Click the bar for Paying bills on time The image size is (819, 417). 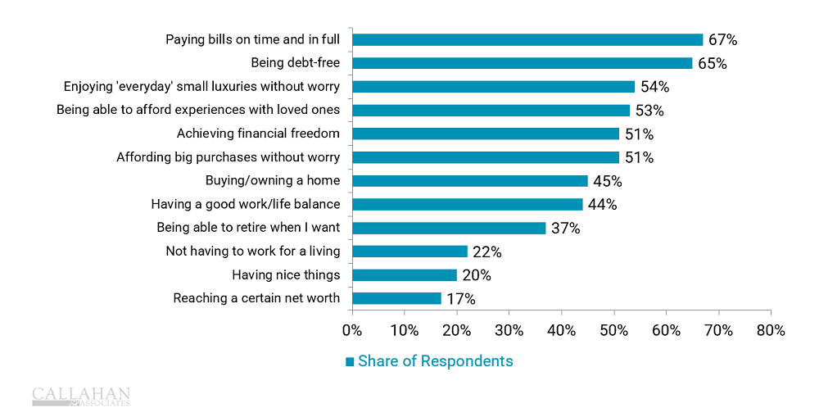tap(527, 39)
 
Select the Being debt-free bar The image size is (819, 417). tap(522, 63)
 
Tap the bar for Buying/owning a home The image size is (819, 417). tap(469, 181)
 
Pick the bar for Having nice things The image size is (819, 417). tap(405, 275)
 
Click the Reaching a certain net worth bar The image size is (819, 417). tap(396, 298)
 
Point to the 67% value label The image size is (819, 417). tap(722, 39)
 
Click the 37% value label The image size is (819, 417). tap(565, 229)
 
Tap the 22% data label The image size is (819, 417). tap(486, 252)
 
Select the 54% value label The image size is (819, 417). tap(654, 87)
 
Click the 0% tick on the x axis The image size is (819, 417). tap(352, 330)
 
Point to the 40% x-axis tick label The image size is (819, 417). tap(561, 330)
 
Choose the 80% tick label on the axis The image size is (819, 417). tap(771, 330)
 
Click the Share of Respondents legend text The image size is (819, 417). tap(436, 361)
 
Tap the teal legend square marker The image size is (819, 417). tap(350, 361)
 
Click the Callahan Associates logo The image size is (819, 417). tap(81, 397)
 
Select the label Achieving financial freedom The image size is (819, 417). tap(258, 134)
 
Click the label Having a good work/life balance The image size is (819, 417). tap(246, 204)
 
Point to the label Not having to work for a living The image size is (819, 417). tap(252, 252)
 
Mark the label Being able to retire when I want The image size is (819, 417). tap(248, 228)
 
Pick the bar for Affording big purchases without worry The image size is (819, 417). tap(486, 157)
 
